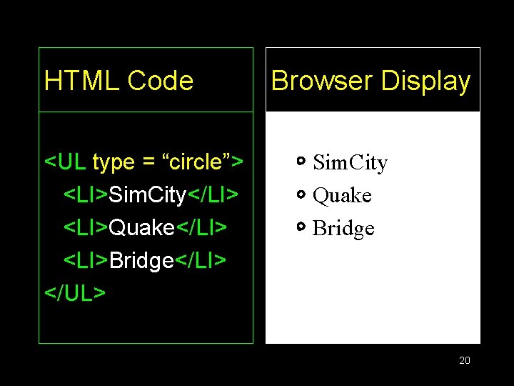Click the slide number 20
coord(465,360)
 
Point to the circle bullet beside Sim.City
coord(301,162)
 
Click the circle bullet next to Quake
coord(301,194)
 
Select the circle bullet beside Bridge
coord(301,227)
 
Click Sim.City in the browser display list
coord(350,164)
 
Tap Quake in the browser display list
coord(342,196)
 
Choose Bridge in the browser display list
coord(343,229)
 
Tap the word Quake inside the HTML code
coord(142,228)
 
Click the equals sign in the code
coord(149,163)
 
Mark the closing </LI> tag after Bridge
coord(201,261)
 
